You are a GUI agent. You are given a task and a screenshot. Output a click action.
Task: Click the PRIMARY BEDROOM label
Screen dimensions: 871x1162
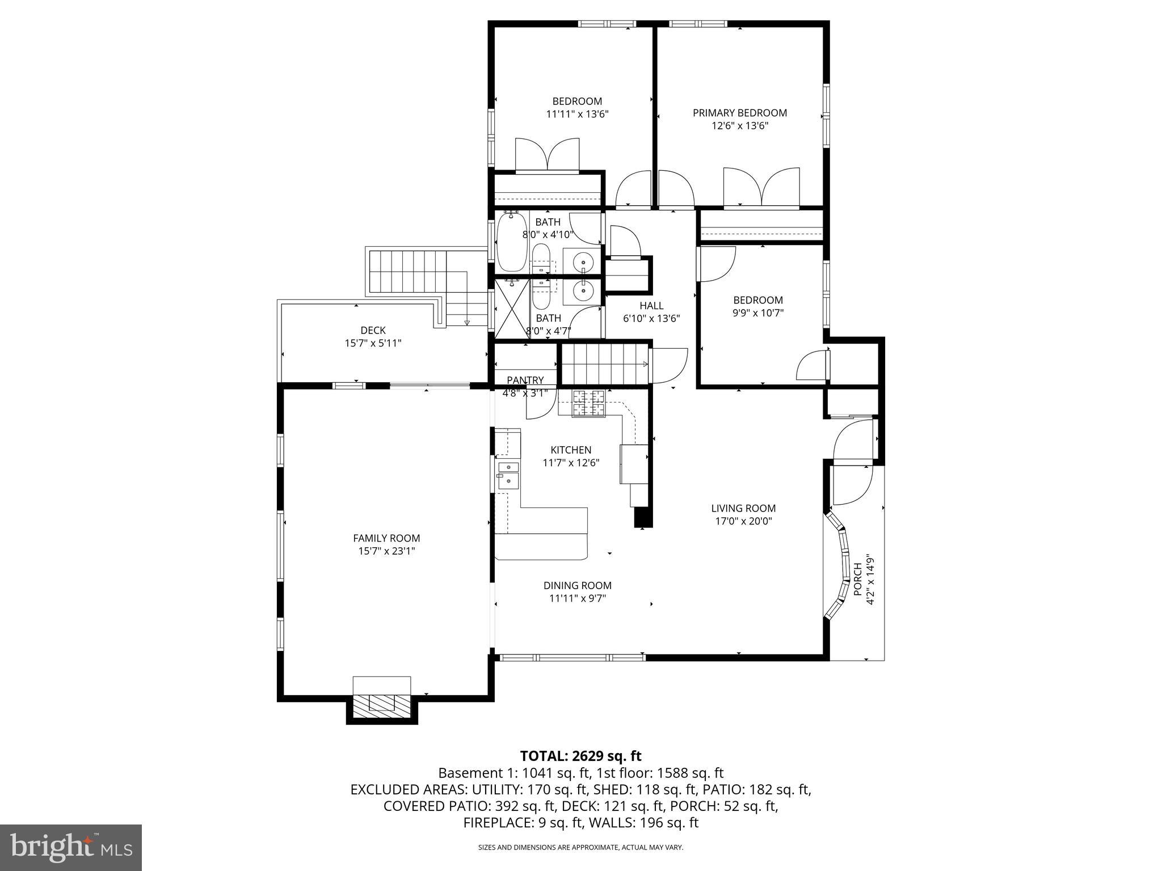740,113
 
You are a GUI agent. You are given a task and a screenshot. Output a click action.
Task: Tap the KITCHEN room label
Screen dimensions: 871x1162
571,450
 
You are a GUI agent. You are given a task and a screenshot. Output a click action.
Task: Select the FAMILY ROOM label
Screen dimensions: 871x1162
386,538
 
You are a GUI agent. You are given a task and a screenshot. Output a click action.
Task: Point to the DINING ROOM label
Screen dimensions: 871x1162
577,585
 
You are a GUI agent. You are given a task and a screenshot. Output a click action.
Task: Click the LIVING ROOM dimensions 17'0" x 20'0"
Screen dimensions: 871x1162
743,521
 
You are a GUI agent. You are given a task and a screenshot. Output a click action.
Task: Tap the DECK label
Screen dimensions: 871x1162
373,330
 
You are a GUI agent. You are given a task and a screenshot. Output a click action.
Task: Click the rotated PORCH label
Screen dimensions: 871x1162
857,579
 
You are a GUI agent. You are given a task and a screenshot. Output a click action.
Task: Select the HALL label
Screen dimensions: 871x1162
651,306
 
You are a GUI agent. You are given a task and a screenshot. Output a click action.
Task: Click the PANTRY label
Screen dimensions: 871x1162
525,380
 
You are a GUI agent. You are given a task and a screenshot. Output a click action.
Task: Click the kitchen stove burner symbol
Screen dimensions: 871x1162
588,403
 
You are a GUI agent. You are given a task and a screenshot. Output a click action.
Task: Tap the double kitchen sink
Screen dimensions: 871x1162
508,474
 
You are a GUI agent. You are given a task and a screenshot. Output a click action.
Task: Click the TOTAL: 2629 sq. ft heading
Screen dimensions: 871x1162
580,756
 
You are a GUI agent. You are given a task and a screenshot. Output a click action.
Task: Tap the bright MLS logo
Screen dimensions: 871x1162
71,848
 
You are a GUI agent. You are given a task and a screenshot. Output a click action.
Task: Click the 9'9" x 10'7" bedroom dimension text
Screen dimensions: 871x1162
758,312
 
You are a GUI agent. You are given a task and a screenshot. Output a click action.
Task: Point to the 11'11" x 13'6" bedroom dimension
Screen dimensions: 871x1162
577,114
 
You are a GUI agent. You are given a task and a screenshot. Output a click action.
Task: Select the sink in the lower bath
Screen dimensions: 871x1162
582,291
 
